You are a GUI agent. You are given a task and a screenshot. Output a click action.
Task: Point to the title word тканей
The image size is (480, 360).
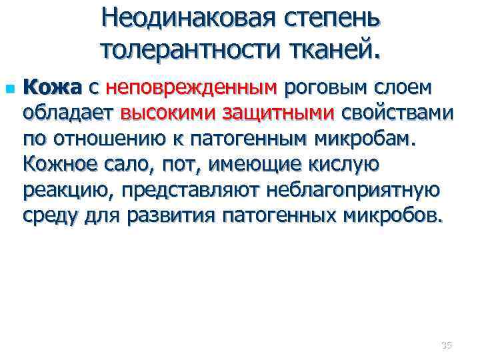[335, 49]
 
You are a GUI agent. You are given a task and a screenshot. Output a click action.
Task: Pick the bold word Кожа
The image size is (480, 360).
[51, 87]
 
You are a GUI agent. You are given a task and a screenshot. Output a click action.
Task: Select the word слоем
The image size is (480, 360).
[404, 87]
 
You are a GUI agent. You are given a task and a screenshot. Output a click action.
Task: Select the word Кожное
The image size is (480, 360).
[61, 164]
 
